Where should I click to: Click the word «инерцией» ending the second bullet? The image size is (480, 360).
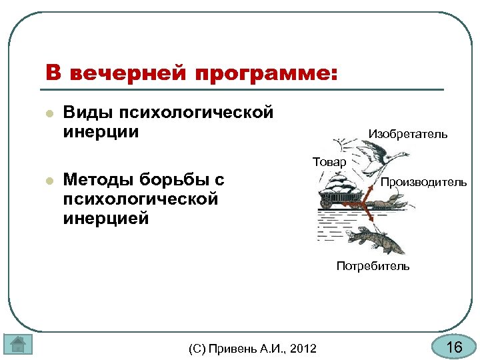tap(106, 218)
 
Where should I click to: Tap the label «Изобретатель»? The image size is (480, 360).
tap(408, 135)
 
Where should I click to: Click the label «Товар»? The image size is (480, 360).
tap(329, 162)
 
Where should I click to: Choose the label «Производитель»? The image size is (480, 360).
tap(423, 182)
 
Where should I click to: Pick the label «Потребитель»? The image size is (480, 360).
tap(373, 266)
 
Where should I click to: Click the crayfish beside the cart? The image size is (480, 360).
tap(393, 203)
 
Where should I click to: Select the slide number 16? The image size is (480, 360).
tap(453, 347)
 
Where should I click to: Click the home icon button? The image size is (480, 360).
tap(19, 345)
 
